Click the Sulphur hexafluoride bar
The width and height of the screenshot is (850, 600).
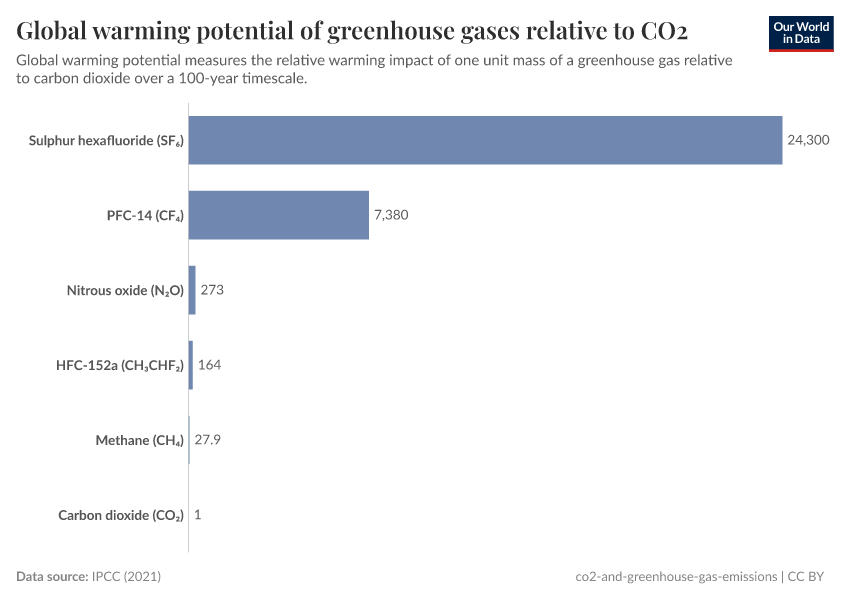point(485,140)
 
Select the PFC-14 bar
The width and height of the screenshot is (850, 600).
point(278,215)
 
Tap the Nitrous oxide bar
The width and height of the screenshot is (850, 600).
point(192,290)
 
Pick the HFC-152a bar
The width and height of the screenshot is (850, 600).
point(191,365)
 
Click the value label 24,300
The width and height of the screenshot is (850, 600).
point(809,140)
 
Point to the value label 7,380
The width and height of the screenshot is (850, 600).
point(391,215)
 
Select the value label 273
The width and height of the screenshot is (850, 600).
point(212,290)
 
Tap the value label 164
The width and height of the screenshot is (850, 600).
point(209,365)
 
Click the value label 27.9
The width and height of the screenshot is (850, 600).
point(207,440)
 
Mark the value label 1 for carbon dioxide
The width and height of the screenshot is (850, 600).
point(198,515)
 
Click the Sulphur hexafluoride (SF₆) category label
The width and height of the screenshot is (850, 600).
point(106,141)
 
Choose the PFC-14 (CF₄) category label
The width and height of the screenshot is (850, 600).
point(145,216)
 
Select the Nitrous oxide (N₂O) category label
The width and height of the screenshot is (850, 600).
point(125,291)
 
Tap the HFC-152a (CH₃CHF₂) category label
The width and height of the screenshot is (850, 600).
point(120,366)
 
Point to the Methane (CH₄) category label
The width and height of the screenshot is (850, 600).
point(139,441)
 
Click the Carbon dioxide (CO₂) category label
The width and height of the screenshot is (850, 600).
point(121,516)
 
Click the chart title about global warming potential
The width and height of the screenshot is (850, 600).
point(351,27)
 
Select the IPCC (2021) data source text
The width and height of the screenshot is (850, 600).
point(126,576)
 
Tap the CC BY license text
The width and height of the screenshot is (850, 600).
point(811,576)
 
